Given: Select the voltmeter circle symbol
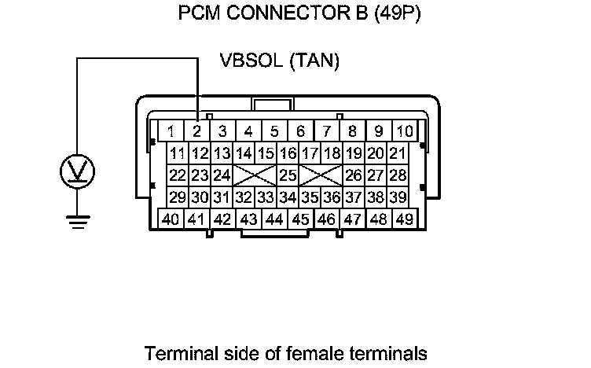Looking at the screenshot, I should point(77,172).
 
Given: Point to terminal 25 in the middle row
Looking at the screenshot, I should point(288,175).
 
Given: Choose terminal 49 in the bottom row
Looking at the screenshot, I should point(406,219).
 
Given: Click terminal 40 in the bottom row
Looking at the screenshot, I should point(171,219).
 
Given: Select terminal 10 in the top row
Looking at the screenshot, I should point(405,131).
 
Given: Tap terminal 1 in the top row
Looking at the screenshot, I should point(171,131).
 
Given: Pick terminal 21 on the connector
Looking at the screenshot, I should point(398,153).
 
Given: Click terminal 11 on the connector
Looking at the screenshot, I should point(178,153).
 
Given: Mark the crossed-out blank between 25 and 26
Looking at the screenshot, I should point(321,175).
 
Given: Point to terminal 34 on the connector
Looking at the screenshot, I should point(288,197).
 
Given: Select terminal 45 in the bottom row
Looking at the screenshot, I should point(301,219).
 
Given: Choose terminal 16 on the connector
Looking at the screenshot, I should point(288,153).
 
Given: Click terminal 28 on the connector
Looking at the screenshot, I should point(398,175).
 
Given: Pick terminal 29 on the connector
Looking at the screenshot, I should point(178,197).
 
